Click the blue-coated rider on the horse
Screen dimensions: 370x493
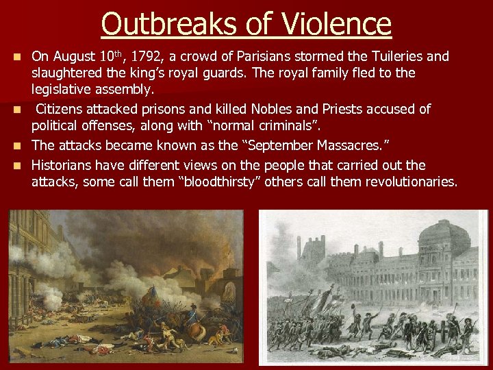(x=192, y=314)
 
